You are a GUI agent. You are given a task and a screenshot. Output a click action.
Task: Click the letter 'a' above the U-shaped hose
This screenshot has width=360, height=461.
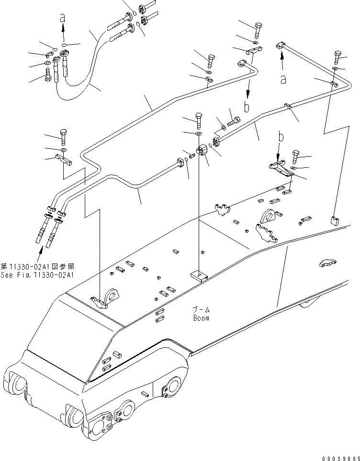coord(62,18)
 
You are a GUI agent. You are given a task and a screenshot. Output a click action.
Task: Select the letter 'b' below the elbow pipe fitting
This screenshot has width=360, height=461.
coord(247,107)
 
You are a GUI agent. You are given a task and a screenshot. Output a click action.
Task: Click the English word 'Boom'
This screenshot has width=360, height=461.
coord(201,318)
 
